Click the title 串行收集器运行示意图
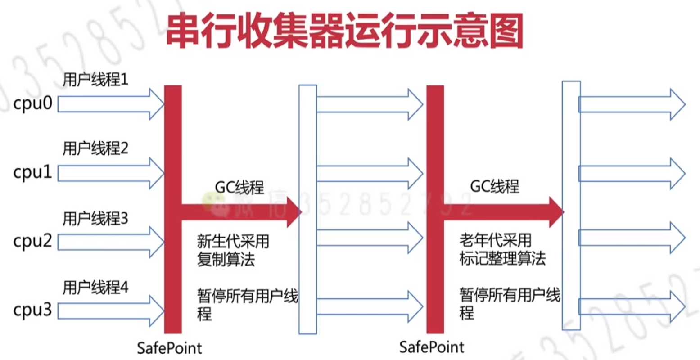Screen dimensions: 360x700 [344, 31]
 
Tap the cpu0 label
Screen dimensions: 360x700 [33, 104]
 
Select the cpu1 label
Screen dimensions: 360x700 [33, 173]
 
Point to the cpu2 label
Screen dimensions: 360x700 [33, 242]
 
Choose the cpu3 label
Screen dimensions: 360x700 [33, 310]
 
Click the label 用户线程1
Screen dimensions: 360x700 [95, 80]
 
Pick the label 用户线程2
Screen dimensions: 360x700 [95, 148]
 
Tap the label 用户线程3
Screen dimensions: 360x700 [95, 219]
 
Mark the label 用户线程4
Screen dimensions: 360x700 [95, 287]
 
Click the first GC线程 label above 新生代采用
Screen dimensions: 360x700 [239, 187]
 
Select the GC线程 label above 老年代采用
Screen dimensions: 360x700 [495, 186]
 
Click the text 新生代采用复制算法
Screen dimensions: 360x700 [233, 250]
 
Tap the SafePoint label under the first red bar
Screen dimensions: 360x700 [169, 348]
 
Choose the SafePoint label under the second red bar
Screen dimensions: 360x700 [432, 347]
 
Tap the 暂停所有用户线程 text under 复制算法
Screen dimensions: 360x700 [247, 304]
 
